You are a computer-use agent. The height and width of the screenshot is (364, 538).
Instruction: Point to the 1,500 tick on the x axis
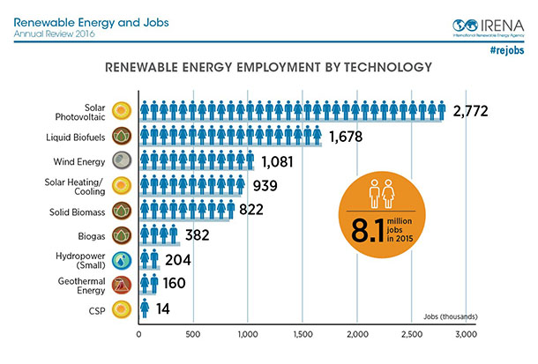(303, 335)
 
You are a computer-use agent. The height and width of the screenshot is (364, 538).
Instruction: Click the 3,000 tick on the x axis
(466, 335)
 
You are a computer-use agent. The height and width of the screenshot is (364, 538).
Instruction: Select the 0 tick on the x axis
(139, 335)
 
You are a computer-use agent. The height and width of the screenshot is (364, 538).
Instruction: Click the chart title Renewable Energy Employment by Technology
(269, 67)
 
